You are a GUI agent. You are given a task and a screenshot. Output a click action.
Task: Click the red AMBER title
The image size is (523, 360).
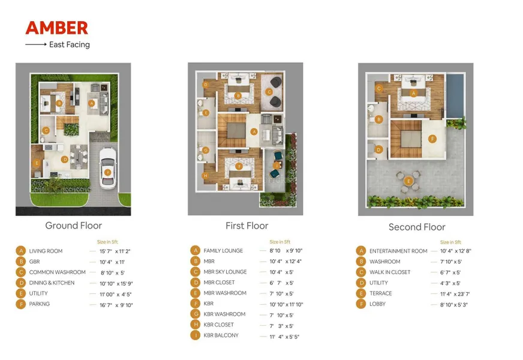click(x=57, y=28)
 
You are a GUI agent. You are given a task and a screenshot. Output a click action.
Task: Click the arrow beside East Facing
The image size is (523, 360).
click(x=36, y=44)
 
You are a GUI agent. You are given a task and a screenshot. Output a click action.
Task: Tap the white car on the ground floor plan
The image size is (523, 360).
click(x=108, y=168)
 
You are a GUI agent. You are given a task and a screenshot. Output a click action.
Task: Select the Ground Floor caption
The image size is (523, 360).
click(x=73, y=226)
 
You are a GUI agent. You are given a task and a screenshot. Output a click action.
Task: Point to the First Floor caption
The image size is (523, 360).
click(x=247, y=226)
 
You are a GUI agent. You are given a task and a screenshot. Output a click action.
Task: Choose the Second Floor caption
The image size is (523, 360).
click(x=417, y=227)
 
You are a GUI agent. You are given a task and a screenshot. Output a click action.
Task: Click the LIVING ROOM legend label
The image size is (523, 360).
click(x=46, y=251)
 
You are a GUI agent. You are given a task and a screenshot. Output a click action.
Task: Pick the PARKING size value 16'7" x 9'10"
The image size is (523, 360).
click(x=116, y=305)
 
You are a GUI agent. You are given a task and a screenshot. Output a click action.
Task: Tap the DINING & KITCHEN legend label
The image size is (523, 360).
click(x=52, y=283)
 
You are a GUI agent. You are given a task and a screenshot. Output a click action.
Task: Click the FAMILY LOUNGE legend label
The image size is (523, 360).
click(x=223, y=251)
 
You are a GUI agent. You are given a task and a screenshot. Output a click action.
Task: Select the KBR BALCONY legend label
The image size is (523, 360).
click(x=221, y=335)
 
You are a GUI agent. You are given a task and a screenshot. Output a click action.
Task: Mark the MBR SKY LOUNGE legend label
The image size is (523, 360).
click(x=225, y=272)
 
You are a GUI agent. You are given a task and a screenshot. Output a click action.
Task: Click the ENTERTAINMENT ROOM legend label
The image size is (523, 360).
click(x=398, y=251)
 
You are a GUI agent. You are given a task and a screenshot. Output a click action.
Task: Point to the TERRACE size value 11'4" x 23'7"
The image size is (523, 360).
click(x=455, y=294)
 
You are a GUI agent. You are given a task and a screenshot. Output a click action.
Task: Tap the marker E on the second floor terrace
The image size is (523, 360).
click(x=408, y=181)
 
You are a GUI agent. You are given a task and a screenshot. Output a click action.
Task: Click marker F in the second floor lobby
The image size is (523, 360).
click(x=432, y=139)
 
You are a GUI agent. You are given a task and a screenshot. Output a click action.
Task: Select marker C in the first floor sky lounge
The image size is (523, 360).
click(x=269, y=92)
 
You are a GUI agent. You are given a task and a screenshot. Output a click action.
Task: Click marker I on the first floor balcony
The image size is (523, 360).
click(x=277, y=165)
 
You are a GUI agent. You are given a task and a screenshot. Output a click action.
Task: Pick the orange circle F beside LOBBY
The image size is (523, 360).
click(x=361, y=304)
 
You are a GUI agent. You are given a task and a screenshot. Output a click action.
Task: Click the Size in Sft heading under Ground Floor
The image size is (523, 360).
click(x=107, y=242)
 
